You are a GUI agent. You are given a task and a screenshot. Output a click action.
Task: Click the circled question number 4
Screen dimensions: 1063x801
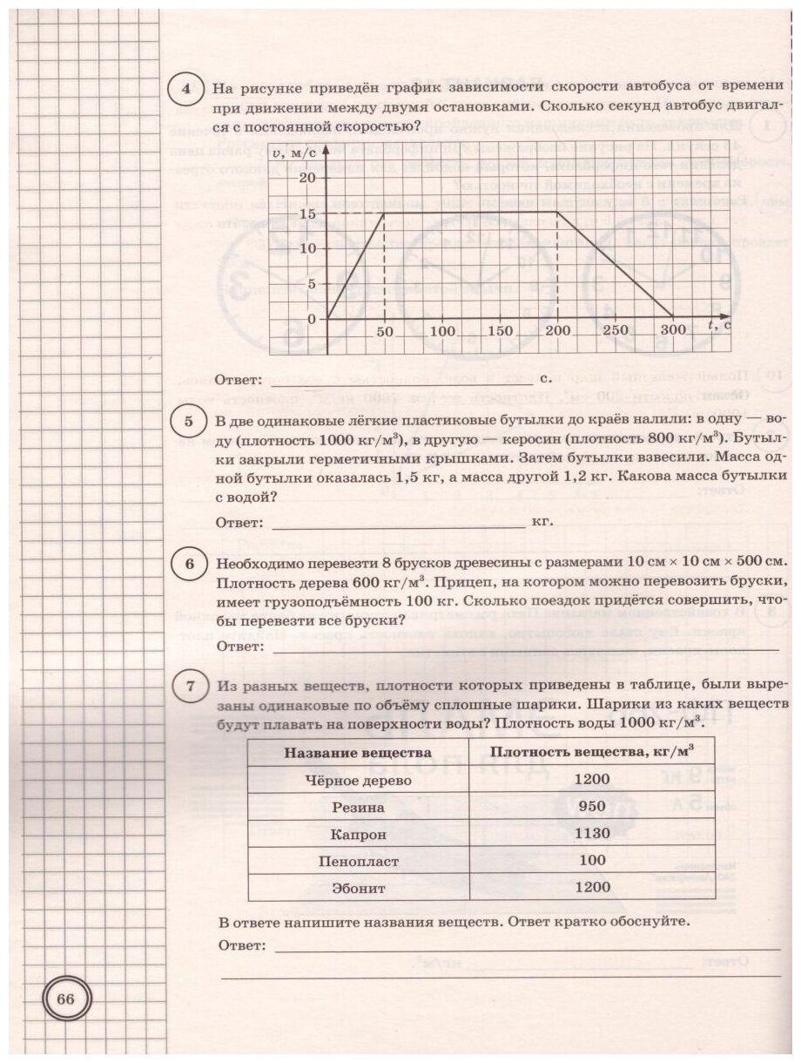click(184, 89)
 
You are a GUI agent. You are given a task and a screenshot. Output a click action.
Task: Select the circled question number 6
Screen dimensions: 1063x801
click(190, 564)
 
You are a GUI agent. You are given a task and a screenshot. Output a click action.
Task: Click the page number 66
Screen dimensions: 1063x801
click(66, 999)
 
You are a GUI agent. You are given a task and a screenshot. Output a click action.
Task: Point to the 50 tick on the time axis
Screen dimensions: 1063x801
click(385, 332)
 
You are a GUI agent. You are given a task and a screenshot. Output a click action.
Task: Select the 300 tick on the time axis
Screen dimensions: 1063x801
click(672, 332)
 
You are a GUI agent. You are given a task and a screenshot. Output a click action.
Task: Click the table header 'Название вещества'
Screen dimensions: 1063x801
click(358, 752)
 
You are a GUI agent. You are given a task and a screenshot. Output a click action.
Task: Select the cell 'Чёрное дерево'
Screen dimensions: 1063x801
click(358, 780)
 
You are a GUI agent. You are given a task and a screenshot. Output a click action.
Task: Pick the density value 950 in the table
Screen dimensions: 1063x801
click(592, 807)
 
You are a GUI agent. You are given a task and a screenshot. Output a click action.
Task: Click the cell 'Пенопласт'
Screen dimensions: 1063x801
click(358, 861)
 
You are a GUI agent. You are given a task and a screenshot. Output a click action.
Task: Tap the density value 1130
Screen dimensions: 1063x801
click(592, 834)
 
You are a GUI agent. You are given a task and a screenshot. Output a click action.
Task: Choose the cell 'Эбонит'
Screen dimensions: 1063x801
click(358, 888)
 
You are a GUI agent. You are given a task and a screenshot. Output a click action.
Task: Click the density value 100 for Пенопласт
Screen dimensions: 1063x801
click(592, 861)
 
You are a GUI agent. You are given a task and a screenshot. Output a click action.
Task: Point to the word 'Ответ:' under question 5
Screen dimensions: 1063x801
click(239, 523)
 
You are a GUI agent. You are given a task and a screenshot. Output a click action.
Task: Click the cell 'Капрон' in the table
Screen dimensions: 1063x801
click(358, 834)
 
